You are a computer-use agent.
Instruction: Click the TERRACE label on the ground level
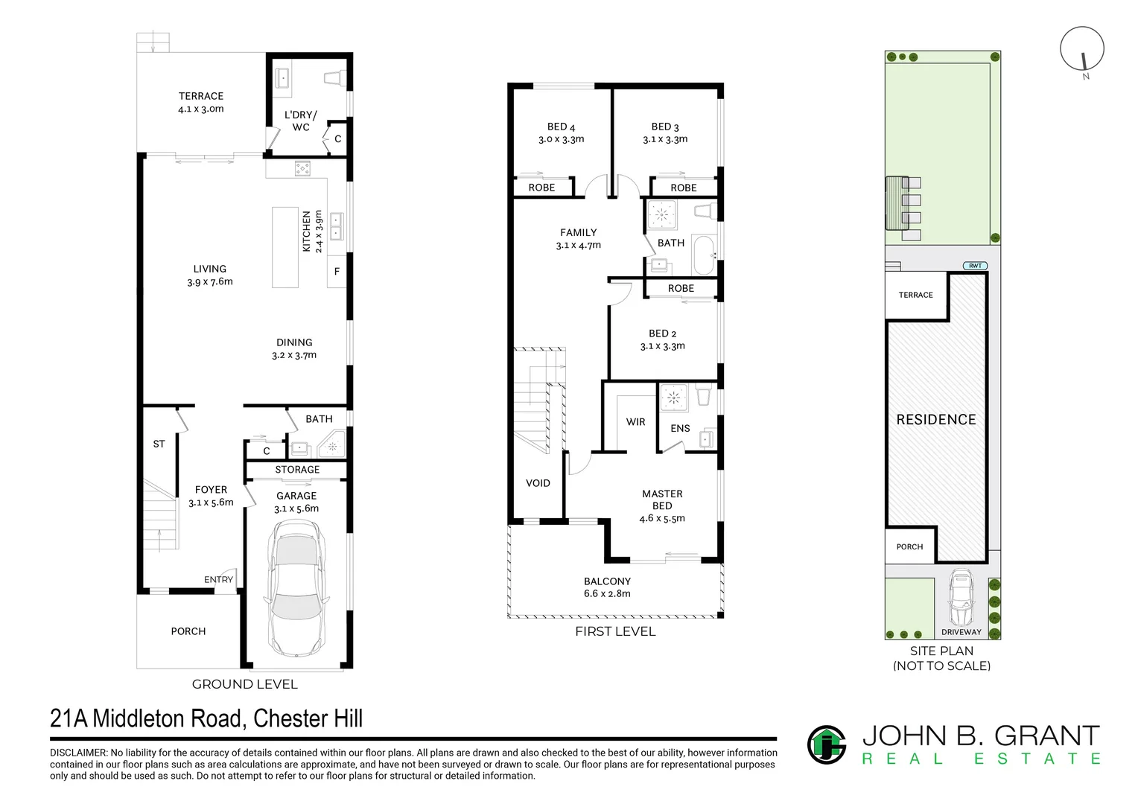click(x=200, y=96)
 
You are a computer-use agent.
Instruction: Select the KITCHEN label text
click(x=306, y=231)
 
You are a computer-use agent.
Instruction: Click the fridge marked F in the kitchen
click(x=337, y=272)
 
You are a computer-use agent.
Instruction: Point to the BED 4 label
click(x=561, y=127)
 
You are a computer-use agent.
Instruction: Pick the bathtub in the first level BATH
click(x=704, y=255)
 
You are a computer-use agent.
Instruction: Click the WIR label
click(x=635, y=421)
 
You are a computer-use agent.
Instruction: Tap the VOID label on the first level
click(x=538, y=483)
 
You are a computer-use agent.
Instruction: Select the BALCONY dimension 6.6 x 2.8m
click(x=607, y=593)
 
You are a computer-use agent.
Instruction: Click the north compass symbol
click(x=1082, y=49)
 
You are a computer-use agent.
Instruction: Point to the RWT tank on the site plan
click(x=975, y=266)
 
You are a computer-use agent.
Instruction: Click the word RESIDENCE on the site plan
click(x=936, y=420)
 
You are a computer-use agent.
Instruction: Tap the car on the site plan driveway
click(x=961, y=597)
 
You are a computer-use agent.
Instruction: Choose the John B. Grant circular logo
click(x=827, y=744)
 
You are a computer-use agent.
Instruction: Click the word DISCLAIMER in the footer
click(x=78, y=753)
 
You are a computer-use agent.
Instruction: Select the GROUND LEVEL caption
click(x=244, y=684)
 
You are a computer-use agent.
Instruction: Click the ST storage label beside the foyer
click(x=159, y=444)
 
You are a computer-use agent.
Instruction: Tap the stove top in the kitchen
click(x=303, y=169)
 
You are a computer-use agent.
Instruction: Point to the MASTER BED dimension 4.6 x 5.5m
click(x=662, y=518)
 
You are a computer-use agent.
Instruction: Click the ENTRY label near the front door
click(x=218, y=579)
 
